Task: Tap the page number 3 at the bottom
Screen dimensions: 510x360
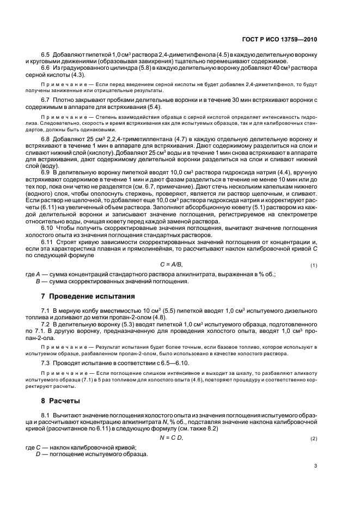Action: click(316, 466)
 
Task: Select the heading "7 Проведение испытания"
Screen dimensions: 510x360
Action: click(88, 296)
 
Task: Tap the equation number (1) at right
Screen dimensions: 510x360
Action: click(314, 265)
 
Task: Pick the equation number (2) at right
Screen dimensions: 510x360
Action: click(314, 439)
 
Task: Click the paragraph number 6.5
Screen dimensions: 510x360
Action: click(46, 56)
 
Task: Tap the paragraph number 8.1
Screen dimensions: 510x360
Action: click(46, 415)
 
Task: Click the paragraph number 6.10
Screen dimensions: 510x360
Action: click(47, 228)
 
